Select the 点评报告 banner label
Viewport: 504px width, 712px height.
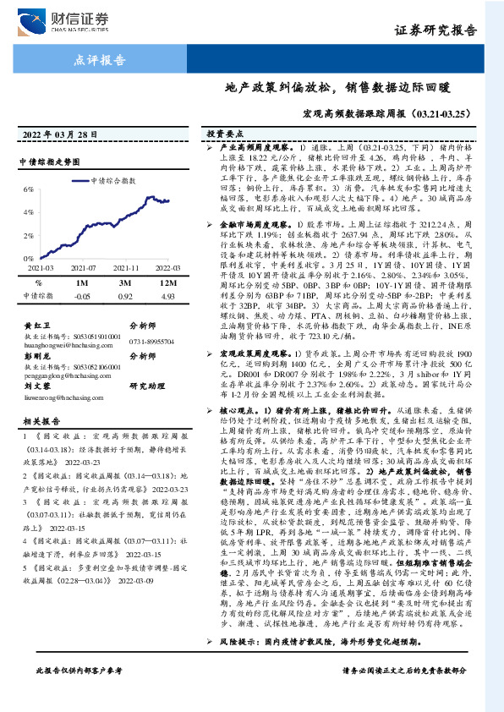pyautogui.click(x=100, y=61)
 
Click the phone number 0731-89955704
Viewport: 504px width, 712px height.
pyautogui.click(x=156, y=340)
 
